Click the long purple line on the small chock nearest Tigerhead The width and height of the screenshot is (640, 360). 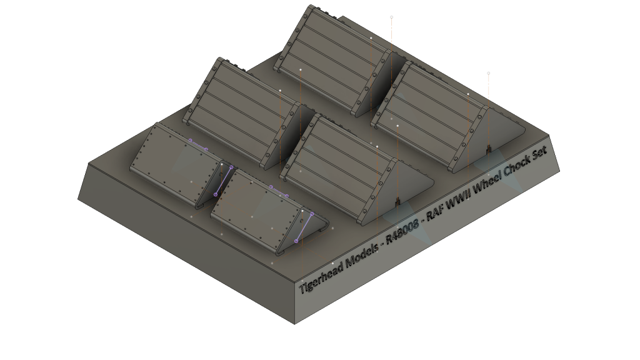304,227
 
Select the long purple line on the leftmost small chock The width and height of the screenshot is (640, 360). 224,181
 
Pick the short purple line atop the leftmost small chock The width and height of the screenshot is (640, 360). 198,145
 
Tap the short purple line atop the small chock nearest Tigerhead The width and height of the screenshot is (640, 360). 279,191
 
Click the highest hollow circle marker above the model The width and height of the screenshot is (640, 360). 391,17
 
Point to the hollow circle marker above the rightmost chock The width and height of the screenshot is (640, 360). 489,74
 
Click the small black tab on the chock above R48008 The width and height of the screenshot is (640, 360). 397,202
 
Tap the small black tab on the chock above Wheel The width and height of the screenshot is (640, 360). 489,150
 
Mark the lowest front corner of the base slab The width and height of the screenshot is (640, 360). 295,324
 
